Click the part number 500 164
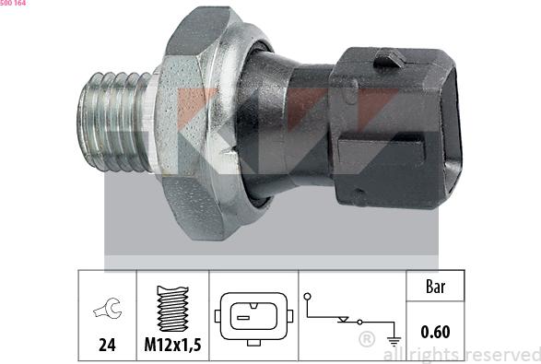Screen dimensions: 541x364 pos(13,3)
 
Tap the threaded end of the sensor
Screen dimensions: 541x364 pos(114,122)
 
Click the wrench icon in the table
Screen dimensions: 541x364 pos(108,308)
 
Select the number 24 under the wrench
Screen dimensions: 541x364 pos(107,345)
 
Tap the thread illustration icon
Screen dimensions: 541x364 pos(172,309)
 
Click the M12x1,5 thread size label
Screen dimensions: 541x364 pos(172,345)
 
